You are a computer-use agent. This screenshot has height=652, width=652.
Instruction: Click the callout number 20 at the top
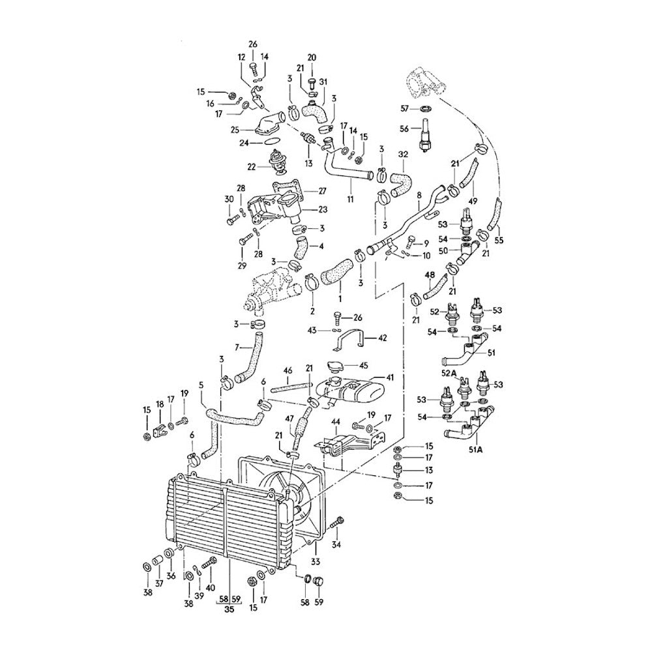312,58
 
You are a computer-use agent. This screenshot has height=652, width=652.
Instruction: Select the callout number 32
402,155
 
